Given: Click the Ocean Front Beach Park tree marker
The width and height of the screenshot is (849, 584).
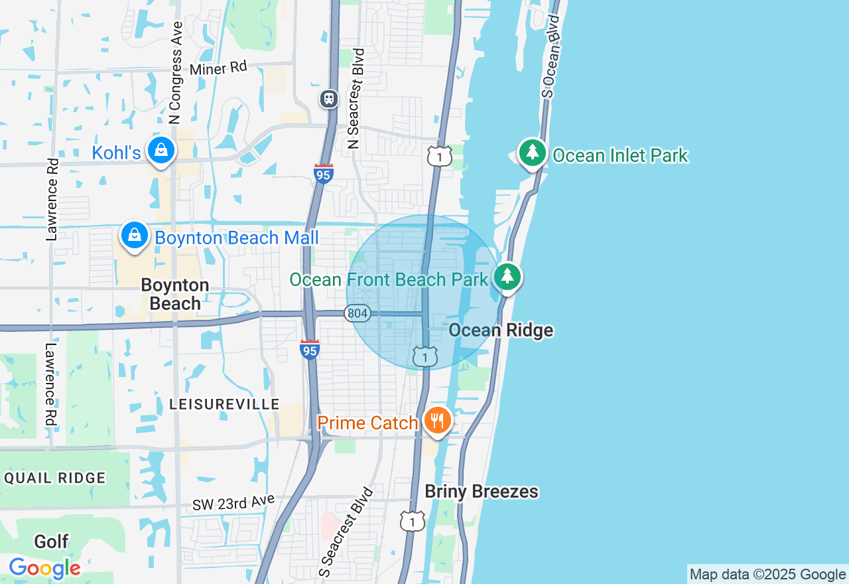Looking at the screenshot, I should click(507, 277).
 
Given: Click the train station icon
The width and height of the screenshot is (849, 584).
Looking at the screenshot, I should click(329, 99).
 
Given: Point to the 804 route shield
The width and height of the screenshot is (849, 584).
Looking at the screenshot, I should click(357, 313).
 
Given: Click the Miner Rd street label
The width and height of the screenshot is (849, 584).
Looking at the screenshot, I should click(218, 68).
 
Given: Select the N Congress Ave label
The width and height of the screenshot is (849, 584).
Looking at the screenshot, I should click(176, 73).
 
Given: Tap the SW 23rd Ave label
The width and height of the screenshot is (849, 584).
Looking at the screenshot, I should click(233, 502).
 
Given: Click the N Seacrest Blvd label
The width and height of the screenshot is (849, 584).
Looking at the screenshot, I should click(356, 98).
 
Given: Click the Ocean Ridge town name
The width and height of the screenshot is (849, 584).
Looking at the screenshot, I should click(501, 330).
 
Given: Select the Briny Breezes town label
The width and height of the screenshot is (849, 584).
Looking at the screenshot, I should click(482, 492).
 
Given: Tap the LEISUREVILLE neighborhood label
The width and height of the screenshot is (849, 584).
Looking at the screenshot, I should click(224, 404).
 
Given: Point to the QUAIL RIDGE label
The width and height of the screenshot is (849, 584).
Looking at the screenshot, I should click(54, 478).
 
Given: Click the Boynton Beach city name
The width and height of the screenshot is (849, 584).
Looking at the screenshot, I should click(175, 294).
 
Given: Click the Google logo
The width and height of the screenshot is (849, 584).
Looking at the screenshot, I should click(44, 568).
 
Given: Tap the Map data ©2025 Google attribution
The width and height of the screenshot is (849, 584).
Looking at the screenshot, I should click(767, 575).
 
